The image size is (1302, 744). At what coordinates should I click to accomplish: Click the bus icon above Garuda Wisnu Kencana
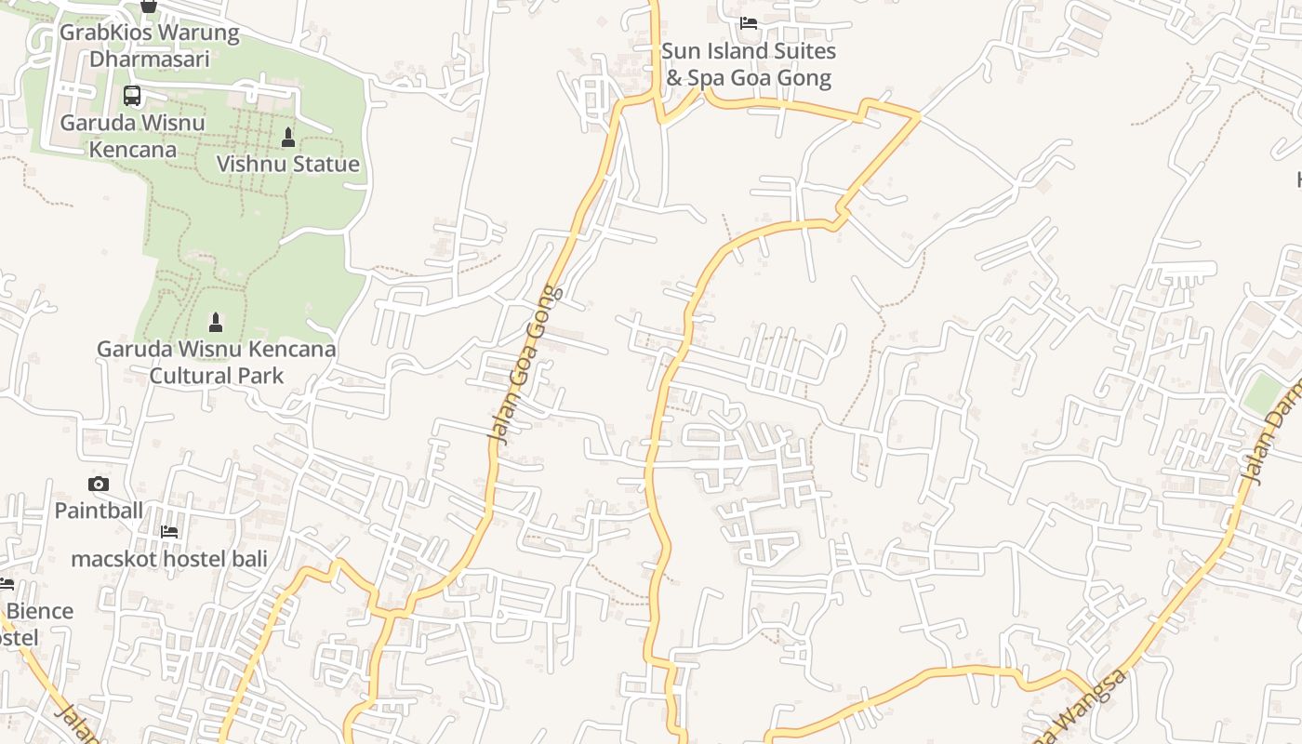[x=132, y=95]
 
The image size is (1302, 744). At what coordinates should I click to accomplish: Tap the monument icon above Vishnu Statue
[x=288, y=138]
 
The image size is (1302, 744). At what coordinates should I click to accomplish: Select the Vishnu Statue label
[x=288, y=165]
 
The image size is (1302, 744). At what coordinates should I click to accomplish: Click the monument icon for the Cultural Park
[x=216, y=323]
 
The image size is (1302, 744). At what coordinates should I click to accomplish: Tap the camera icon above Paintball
[x=99, y=484]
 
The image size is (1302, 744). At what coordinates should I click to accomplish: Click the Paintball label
[x=99, y=511]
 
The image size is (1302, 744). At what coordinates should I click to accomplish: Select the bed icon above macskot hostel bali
[x=169, y=532]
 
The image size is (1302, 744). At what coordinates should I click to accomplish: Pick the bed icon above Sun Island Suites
[x=749, y=23]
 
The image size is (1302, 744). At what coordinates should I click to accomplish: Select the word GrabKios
[x=102, y=33]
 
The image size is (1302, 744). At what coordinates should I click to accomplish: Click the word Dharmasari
[x=149, y=59]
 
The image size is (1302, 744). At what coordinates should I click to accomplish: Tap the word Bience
[x=40, y=611]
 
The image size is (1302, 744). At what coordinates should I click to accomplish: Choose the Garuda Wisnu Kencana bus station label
[x=131, y=136]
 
